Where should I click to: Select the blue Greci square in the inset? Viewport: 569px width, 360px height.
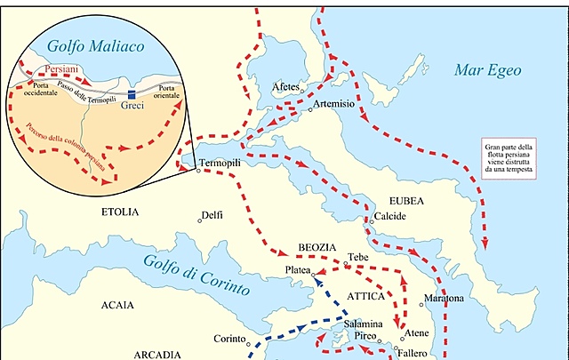point(131,93)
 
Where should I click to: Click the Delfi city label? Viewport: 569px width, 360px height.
point(212,215)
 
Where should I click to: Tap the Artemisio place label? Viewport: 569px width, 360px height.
point(333,104)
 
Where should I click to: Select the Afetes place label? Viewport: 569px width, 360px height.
point(285,86)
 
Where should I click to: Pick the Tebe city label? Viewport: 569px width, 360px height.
point(358,256)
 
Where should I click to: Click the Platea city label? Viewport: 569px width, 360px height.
point(298,268)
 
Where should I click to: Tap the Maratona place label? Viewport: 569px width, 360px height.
point(444,298)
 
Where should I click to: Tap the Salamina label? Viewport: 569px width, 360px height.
point(364,324)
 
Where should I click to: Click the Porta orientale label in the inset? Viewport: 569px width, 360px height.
point(166,92)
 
